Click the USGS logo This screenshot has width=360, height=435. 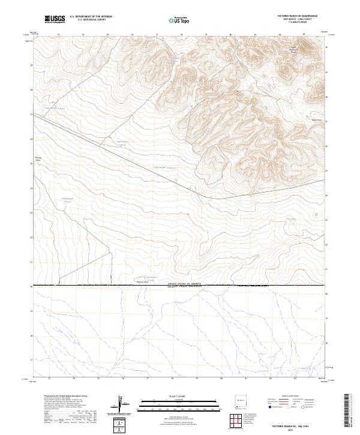(x=55, y=19)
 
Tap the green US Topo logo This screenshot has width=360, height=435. (x=181, y=20)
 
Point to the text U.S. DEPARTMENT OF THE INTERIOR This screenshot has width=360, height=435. (x=91, y=17)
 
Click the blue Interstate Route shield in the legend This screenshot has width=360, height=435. (x=271, y=407)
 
